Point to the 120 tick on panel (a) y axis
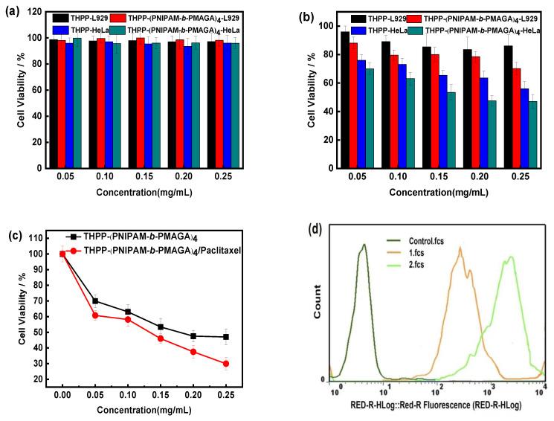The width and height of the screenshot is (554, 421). tap(39, 12)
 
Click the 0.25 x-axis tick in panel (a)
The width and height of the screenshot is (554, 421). tap(219, 179)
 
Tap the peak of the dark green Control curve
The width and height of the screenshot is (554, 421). tap(364, 245)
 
